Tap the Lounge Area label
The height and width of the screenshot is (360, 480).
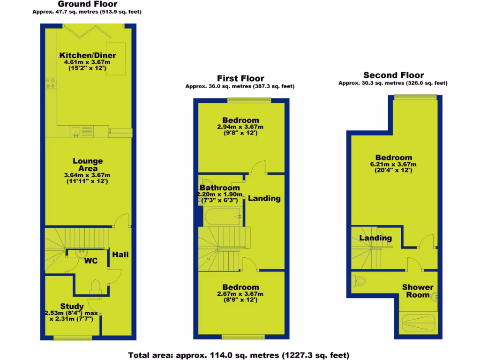87,165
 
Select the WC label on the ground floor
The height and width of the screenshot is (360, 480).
91,261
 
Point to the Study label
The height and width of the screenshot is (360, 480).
72,307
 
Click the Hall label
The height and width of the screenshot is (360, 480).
120,255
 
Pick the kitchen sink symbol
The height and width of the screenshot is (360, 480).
76,131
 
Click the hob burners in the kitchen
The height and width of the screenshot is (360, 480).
50,83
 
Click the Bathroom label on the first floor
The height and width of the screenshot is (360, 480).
220,188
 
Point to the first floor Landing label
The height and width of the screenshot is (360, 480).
264,198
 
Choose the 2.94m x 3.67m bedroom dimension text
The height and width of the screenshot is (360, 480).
240,127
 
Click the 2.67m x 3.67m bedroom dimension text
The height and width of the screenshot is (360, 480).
240,294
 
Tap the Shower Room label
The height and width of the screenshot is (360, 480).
418,291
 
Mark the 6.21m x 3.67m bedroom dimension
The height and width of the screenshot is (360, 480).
393,165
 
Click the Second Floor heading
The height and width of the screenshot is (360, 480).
393,75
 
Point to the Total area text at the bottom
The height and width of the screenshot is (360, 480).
239,355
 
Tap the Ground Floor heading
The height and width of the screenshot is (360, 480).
87,4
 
